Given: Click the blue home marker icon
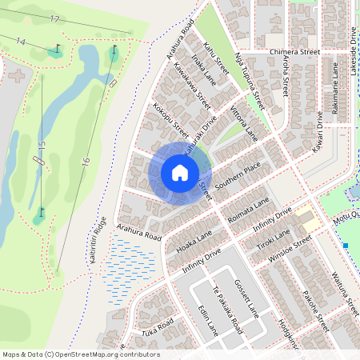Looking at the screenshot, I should tap(180, 172).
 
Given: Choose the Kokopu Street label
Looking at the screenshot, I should tap(170, 119).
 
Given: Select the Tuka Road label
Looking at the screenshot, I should tap(158, 329).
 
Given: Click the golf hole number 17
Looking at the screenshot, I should tap(54, 18).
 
